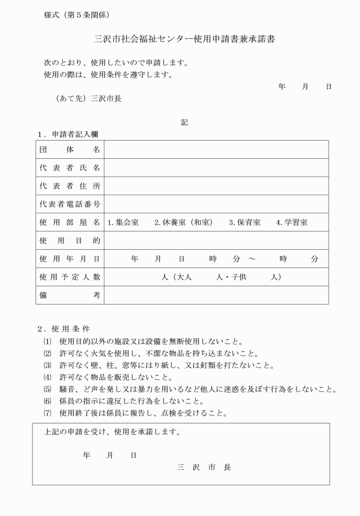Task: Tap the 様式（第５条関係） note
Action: (x=77, y=14)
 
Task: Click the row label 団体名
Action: (x=70, y=150)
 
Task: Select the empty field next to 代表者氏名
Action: (x=216, y=168)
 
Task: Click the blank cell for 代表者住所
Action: (x=216, y=186)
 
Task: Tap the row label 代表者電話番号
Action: (x=70, y=205)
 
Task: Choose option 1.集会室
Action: (x=123, y=222)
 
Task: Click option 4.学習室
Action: (x=291, y=222)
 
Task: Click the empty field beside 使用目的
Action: (x=216, y=241)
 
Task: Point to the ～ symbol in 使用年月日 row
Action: (x=252, y=259)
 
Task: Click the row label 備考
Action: (x=70, y=295)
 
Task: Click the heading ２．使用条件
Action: (x=63, y=329)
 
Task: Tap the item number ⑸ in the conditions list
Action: (x=47, y=390)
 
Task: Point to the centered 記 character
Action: (x=184, y=122)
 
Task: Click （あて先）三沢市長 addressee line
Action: (x=89, y=98)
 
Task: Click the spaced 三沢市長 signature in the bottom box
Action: (x=204, y=467)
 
